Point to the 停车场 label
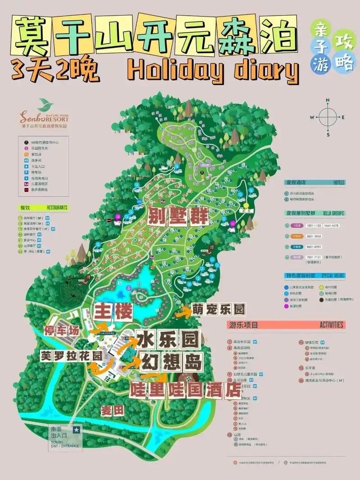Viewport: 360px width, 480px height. point(62,331)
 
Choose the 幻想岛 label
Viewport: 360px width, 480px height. point(171,361)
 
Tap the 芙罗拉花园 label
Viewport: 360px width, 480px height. point(71,354)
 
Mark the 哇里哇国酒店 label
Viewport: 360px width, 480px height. point(185,390)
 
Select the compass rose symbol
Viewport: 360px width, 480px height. point(328,117)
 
